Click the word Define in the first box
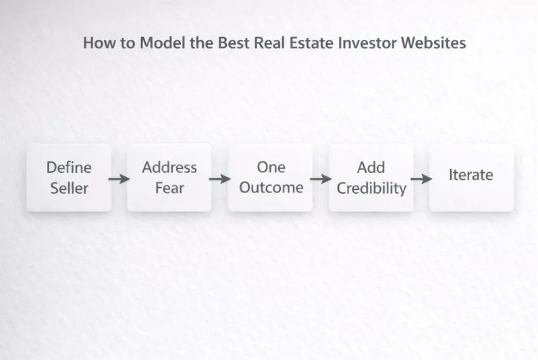point(69,167)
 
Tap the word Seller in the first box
point(69,187)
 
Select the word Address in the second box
point(169,167)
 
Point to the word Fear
point(169,187)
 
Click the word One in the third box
point(271,167)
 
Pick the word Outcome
point(271,187)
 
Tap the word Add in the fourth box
point(371,167)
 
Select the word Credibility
point(371,188)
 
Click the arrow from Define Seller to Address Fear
point(119,179)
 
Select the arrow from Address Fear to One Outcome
point(219,179)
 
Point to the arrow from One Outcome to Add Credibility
point(321,179)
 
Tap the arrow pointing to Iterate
point(421,179)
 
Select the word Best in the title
point(233,43)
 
